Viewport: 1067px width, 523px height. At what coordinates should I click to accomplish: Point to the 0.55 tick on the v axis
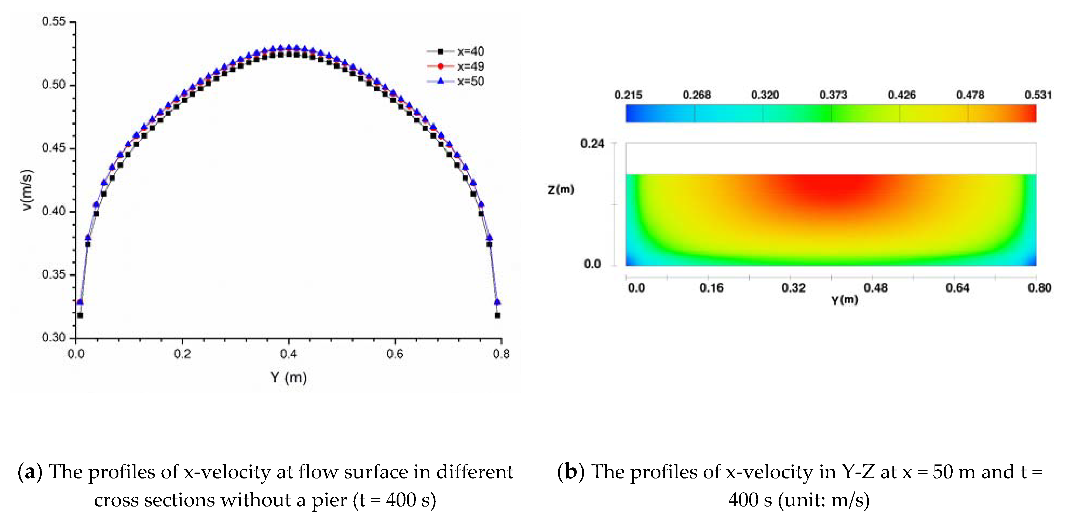tap(54, 22)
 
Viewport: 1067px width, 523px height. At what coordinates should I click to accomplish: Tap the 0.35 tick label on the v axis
tap(54, 275)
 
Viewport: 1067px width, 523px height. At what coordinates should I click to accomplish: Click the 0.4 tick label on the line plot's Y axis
tap(288, 354)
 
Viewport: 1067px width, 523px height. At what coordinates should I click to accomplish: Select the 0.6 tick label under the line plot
tap(395, 354)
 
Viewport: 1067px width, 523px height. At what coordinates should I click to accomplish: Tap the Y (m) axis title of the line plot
tap(289, 378)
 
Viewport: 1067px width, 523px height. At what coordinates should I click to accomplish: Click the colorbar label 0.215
tap(628, 95)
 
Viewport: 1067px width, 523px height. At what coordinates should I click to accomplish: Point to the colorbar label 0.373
tap(833, 95)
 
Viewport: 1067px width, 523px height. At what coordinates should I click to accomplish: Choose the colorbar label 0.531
tap(1038, 95)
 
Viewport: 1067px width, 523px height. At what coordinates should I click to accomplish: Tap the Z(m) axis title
tap(560, 190)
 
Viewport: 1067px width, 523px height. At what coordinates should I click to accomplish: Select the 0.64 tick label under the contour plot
tap(957, 288)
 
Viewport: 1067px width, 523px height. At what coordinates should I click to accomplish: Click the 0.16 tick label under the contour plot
tap(711, 288)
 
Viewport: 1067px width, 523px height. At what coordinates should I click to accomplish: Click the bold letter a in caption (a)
tap(30, 472)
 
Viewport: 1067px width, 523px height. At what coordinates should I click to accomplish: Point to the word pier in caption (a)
tap(330, 500)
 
